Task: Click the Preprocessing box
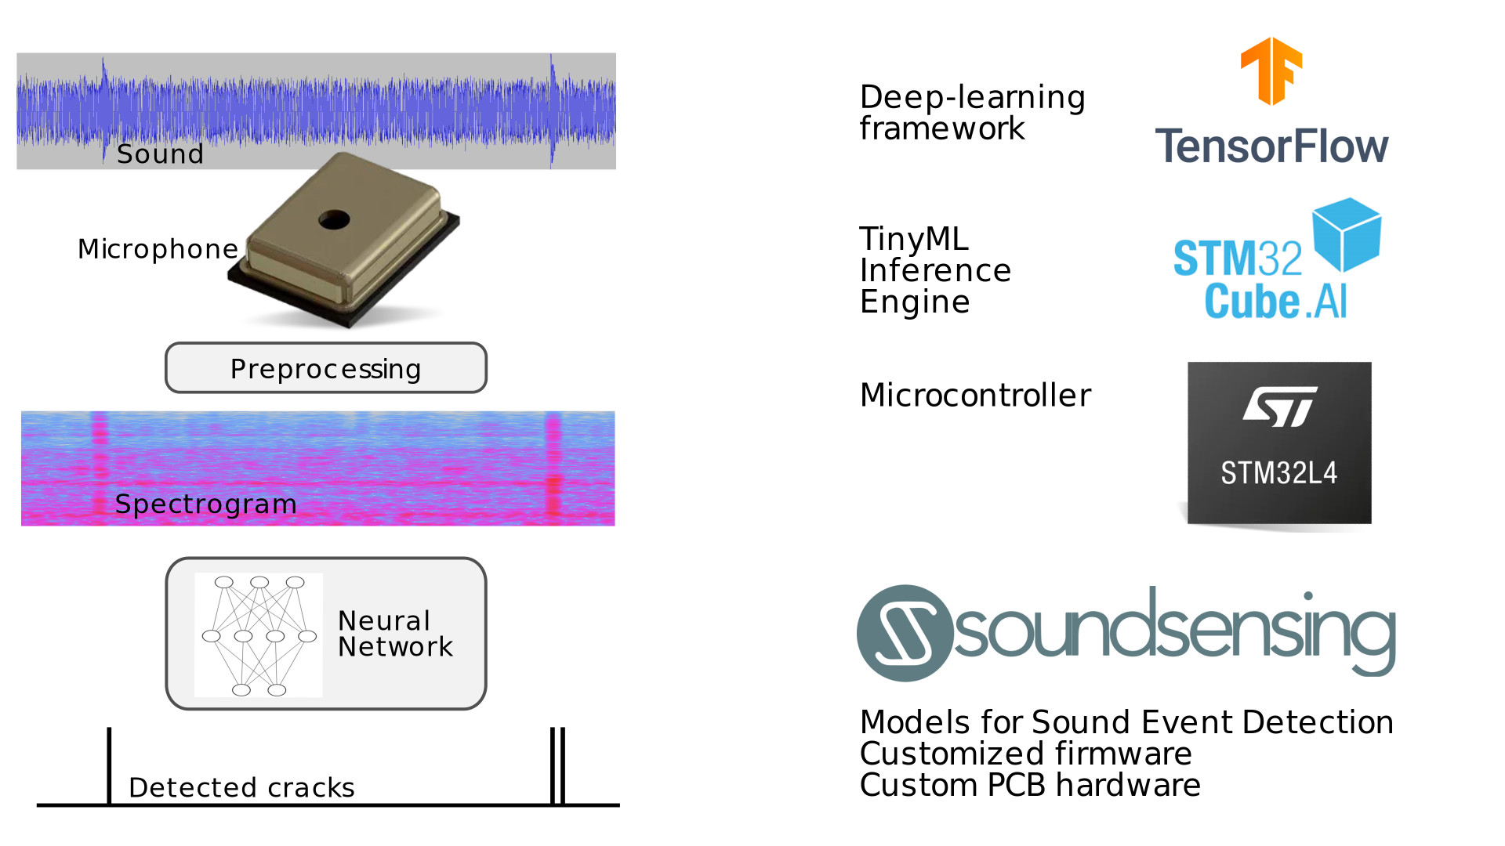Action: pos(325,368)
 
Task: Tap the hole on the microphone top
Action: pos(334,220)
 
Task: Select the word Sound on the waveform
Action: pos(160,154)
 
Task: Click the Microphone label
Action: pos(158,249)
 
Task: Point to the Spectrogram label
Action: pos(205,504)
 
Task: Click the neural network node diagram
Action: pos(259,635)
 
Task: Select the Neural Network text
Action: pos(395,634)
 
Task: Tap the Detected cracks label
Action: pos(241,787)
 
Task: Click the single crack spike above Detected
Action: pos(109,764)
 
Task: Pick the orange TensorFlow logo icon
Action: pos(1271,70)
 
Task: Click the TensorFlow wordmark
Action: pos(1271,146)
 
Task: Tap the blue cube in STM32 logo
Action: pos(1347,233)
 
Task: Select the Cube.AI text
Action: pos(1275,302)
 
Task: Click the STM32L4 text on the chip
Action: pos(1278,473)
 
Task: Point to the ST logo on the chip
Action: pos(1279,407)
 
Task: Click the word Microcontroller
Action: pos(975,395)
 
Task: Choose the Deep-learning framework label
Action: pos(972,113)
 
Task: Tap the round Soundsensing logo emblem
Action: pos(905,633)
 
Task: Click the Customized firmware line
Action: pos(1025,754)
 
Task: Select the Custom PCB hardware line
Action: pos(1030,785)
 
